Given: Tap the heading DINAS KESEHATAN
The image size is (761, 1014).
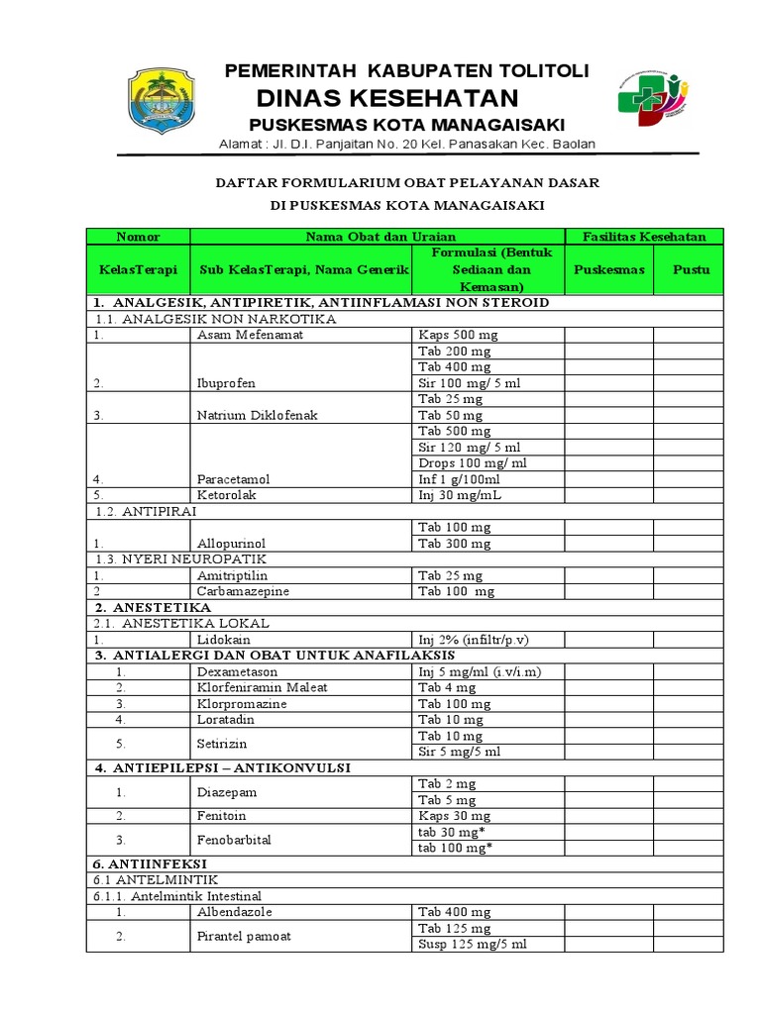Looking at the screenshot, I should click(x=387, y=98).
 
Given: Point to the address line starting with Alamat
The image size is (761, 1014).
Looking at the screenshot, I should click(x=406, y=146).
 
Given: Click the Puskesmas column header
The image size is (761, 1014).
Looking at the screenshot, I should click(x=609, y=269).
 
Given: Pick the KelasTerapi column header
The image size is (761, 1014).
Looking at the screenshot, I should click(x=138, y=269).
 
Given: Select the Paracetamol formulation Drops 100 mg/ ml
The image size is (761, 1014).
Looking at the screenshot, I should click(x=472, y=463).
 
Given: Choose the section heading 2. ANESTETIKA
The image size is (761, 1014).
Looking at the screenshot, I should click(x=153, y=607).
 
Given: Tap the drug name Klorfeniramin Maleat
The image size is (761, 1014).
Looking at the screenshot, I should click(x=262, y=687).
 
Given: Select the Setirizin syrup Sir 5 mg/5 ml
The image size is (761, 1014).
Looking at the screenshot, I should click(x=459, y=752).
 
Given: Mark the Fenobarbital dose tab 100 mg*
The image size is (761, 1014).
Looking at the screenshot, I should click(x=457, y=848).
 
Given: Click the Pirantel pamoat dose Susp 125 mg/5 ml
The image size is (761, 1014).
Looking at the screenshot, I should click(x=472, y=944).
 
